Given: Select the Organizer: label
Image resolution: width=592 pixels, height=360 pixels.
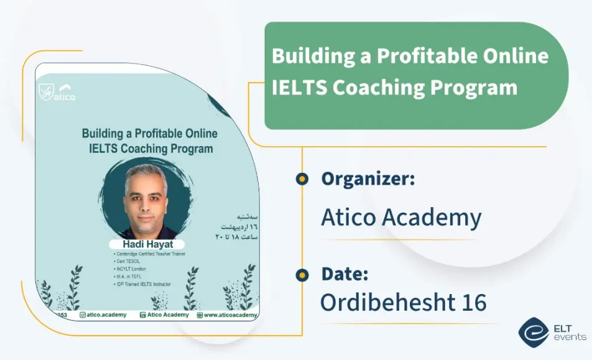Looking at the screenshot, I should [x=368, y=179].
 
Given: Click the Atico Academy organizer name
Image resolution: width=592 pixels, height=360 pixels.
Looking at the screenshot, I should [x=401, y=218].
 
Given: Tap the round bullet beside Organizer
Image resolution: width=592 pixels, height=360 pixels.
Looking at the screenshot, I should [x=302, y=179].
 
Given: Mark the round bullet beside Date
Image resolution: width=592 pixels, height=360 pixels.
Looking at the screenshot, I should [x=302, y=274].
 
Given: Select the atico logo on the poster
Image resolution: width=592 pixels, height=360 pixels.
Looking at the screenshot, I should [x=57, y=93].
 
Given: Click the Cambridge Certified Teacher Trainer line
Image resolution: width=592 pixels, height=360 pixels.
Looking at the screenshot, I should [x=149, y=254].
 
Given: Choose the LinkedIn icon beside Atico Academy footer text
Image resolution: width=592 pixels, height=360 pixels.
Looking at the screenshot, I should [x=143, y=315].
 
